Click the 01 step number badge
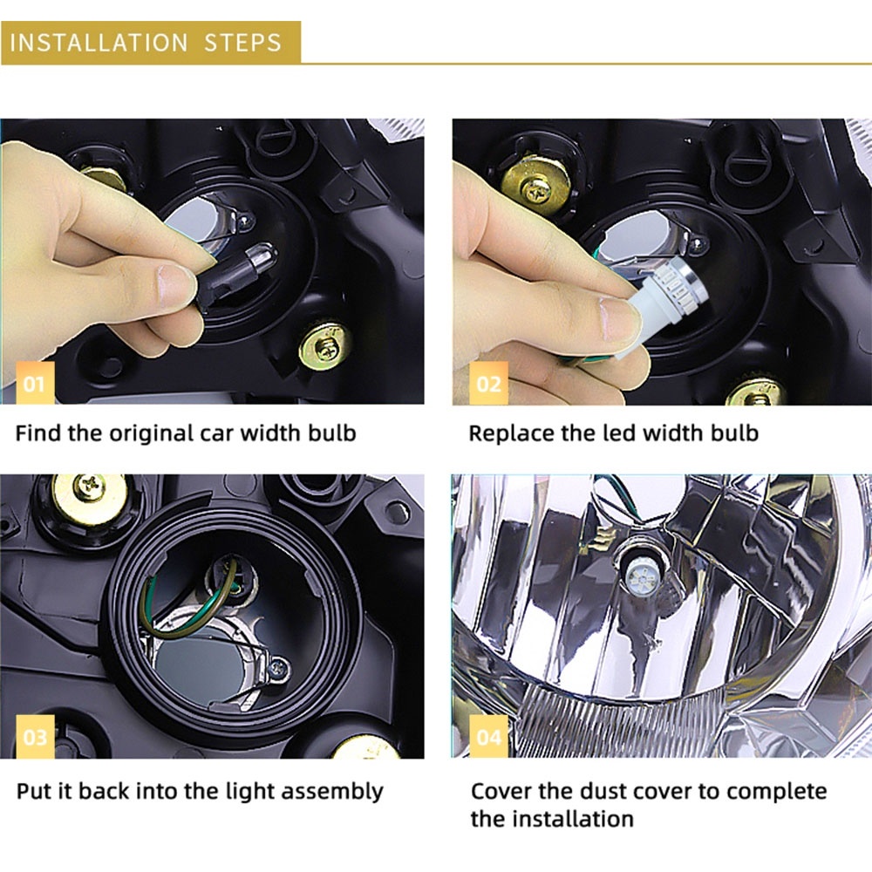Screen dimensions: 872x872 (35, 383)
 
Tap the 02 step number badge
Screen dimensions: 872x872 (488, 383)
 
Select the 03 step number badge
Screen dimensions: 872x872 (35, 736)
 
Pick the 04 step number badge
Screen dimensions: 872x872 (488, 736)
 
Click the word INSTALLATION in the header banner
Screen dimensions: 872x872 (99, 43)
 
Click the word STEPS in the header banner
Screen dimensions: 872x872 (243, 43)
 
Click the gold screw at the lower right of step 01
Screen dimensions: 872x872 (324, 346)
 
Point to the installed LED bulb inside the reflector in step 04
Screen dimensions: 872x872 (644, 571)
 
